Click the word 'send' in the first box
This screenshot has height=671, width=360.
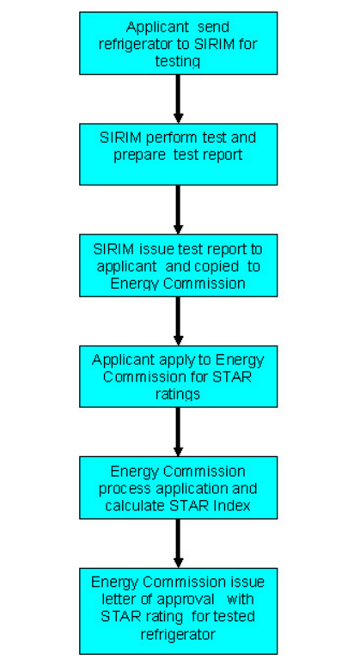click(x=213, y=27)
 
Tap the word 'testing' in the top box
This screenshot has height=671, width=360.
click(x=178, y=61)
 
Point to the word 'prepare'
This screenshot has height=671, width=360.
click(x=139, y=155)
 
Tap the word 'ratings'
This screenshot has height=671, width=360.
click(x=178, y=394)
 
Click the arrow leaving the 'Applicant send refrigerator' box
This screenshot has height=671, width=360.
click(x=178, y=99)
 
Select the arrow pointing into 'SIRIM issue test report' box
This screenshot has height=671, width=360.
click(x=178, y=210)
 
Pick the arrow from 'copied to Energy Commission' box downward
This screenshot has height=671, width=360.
click(x=178, y=321)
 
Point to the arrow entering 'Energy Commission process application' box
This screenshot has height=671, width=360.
click(x=178, y=432)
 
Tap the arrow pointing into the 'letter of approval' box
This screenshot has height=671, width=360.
click(x=178, y=544)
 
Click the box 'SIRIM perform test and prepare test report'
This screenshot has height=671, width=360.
click(x=178, y=154)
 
